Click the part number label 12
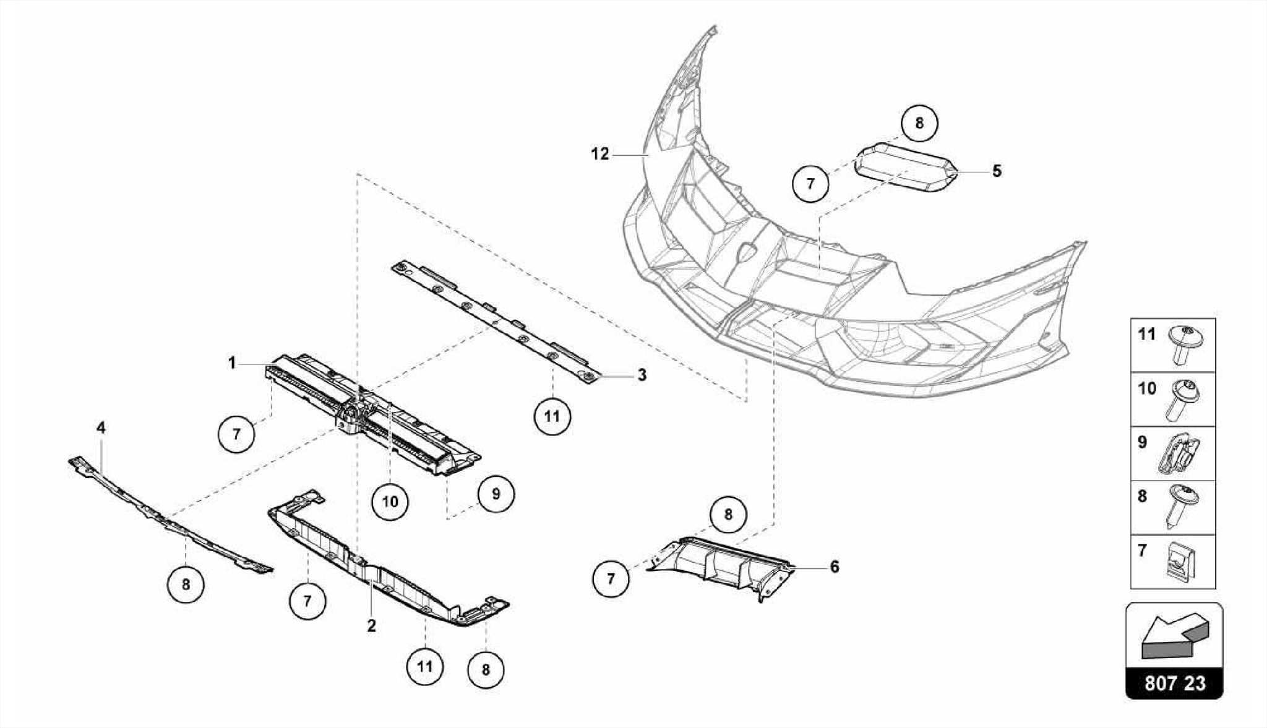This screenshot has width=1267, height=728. pos(599,154)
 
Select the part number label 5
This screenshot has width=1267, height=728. pos(997,171)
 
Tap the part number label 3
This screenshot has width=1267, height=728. pos(642,375)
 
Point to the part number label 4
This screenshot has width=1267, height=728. pos(101,427)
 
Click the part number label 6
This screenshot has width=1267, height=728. pos(834,567)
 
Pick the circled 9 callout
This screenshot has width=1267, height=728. pos(496,494)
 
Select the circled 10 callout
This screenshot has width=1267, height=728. pos(390,501)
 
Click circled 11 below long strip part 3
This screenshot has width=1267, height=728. pos(552,416)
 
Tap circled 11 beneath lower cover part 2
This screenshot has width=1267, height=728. pos(424,667)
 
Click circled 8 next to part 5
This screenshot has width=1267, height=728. pos(919,123)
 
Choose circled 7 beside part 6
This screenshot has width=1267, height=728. pos(611,579)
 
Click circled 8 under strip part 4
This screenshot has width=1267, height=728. pos(186,584)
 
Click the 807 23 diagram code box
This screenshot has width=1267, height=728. pos(1174,683)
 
